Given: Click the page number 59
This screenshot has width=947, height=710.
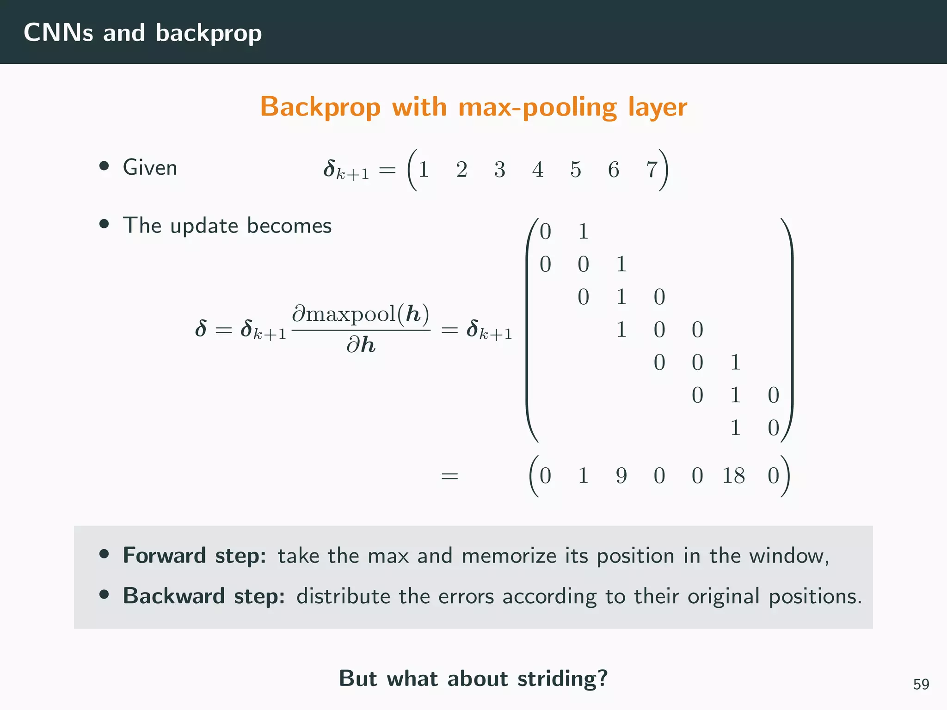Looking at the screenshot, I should [921, 684].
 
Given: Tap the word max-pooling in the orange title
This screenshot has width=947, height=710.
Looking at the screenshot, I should [537, 107].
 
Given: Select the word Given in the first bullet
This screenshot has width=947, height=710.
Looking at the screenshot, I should [150, 167].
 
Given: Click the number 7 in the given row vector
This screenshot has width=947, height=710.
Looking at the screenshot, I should [652, 170].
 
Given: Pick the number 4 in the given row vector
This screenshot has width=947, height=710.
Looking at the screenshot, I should [537, 170].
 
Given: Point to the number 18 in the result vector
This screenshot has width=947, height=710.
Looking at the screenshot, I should [733, 476].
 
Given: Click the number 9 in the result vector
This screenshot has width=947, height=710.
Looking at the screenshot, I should [621, 476].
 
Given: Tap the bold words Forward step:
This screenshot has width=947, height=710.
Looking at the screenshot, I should [194, 555].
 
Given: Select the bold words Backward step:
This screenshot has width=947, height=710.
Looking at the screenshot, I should [203, 596].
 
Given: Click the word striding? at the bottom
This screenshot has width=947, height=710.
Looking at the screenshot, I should [562, 679].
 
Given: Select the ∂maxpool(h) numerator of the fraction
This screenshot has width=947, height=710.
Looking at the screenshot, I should [361, 314].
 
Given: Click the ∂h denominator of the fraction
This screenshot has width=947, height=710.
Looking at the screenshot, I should [361, 345].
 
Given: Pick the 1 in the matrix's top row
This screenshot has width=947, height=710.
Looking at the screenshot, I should [583, 232].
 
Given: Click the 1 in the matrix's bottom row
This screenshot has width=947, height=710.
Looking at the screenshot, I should [735, 428].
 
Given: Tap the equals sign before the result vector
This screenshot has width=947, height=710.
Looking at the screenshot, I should [449, 476].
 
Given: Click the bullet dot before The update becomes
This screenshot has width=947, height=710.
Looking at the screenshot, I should [104, 225].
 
